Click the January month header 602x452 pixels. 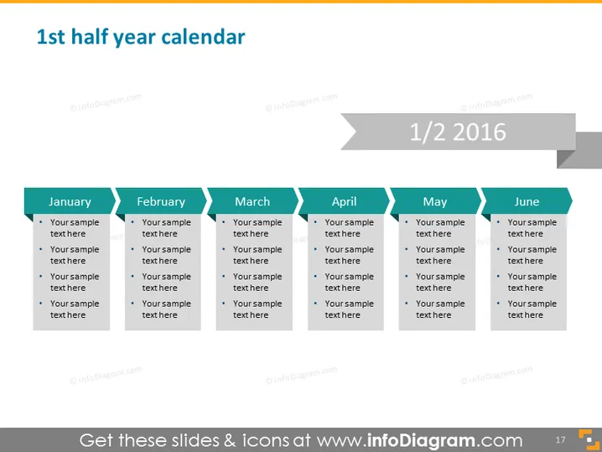click(70, 201)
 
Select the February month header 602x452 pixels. click(161, 201)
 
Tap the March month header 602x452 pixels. click(252, 201)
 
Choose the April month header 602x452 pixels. click(344, 201)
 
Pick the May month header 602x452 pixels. click(435, 201)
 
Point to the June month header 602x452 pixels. click(527, 201)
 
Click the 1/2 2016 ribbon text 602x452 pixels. click(458, 132)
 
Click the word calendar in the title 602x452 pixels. click(203, 37)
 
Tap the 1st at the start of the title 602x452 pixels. click(50, 37)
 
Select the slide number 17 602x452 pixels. click(560, 439)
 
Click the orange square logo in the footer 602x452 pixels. click(589, 439)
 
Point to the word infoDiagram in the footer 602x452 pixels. click(421, 440)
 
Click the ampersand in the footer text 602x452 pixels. click(230, 440)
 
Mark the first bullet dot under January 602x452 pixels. click(41, 222)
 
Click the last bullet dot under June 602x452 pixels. click(498, 304)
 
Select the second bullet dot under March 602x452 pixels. click(224, 249)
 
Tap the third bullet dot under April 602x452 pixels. click(315, 276)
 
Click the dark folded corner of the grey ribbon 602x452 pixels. click(566, 158)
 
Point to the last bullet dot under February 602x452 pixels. click(132, 304)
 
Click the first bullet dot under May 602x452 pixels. click(407, 222)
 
